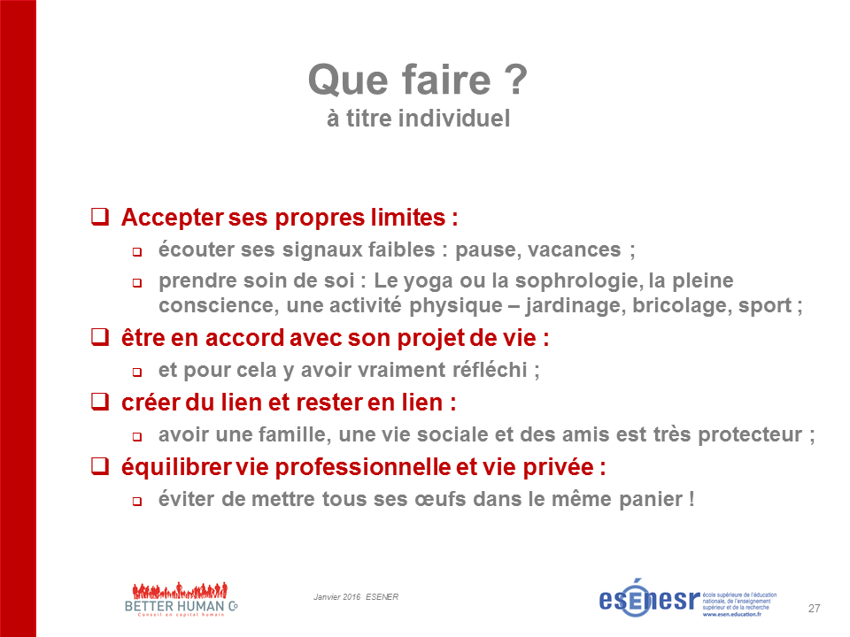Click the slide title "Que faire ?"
417,80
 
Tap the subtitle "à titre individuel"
418,119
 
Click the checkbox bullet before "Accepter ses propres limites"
100,217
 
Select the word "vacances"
574,249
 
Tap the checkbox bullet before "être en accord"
100,337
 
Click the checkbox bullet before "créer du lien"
100,402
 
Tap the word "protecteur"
750,434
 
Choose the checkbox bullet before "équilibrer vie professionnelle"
100,466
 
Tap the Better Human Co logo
181,600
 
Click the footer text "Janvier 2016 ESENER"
356,597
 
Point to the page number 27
814,609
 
